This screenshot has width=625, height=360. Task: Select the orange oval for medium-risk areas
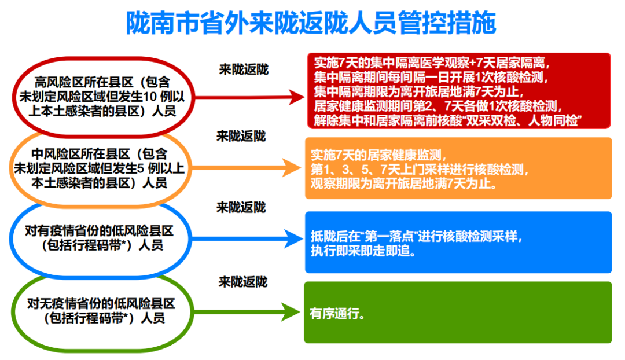click(x=100, y=168)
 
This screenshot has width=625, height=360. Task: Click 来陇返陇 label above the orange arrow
click(x=241, y=137)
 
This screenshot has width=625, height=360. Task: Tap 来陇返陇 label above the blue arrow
click(x=241, y=207)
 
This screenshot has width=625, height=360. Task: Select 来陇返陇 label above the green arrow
click(x=243, y=282)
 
